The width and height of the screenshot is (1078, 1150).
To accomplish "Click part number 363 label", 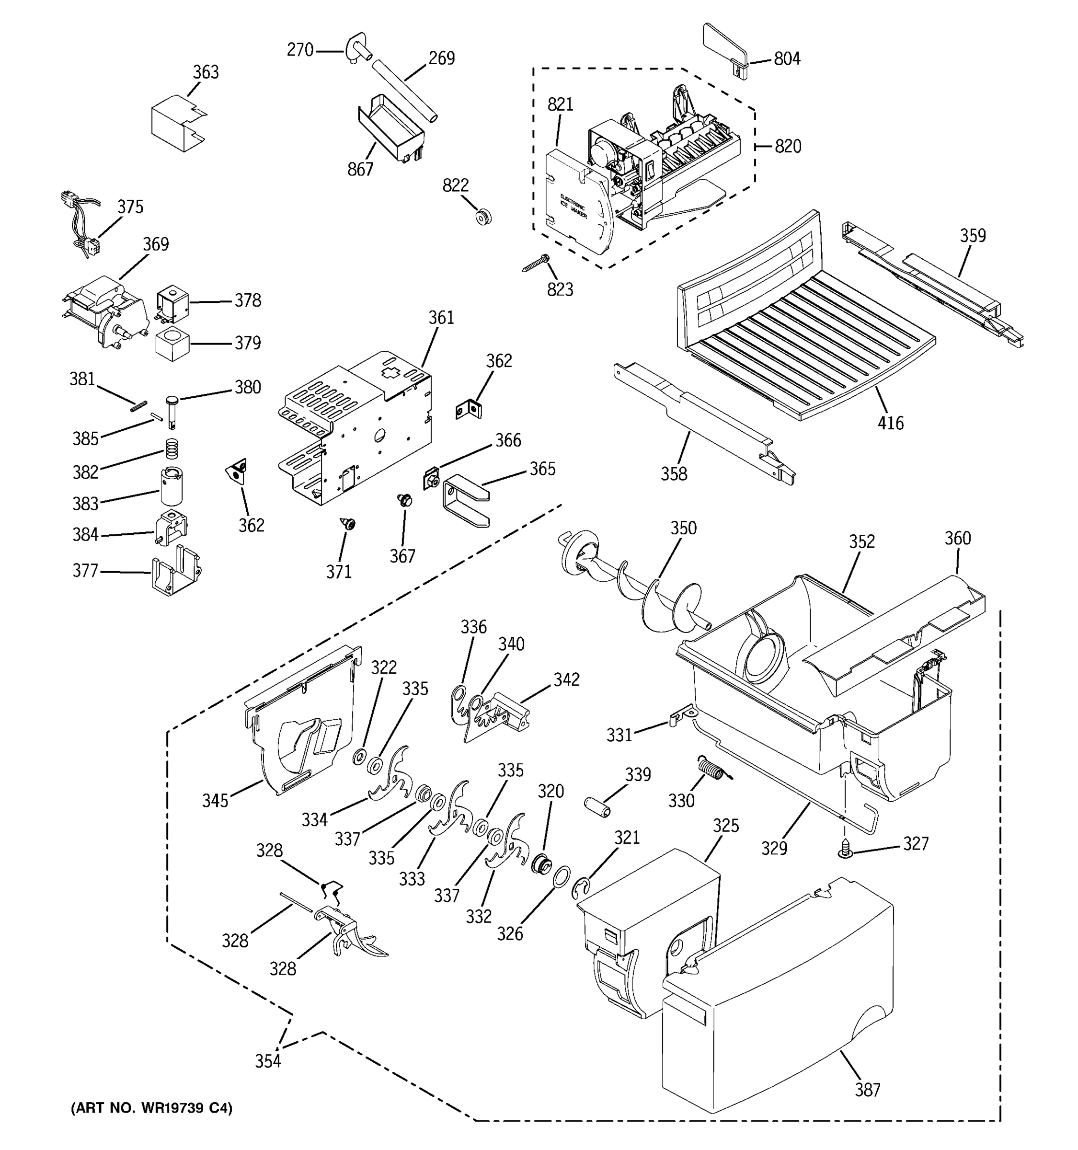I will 206,72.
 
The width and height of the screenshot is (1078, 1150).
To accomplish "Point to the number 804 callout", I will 787,58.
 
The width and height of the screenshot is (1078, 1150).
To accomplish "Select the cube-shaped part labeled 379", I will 172,343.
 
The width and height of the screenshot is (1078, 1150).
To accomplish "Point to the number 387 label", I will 868,1090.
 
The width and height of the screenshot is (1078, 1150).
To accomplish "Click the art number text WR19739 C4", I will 151,1108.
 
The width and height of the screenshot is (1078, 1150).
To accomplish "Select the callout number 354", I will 268,1061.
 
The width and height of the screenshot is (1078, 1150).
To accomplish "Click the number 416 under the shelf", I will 890,424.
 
